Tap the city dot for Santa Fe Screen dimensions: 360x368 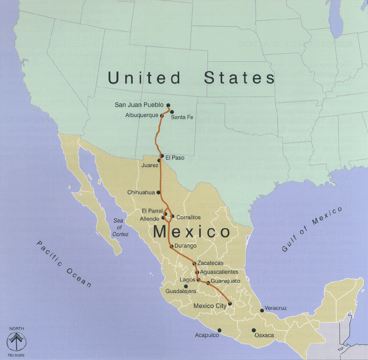click(172, 111)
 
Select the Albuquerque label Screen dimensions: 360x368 click(141, 115)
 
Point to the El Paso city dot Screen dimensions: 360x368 click(162, 156)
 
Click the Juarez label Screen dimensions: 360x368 click(149, 165)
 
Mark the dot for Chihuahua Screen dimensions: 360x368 click(158, 193)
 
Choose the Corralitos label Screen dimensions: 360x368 click(189, 217)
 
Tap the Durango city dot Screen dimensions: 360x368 click(171, 247)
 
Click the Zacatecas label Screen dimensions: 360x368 click(210, 263)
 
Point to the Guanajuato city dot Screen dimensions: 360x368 click(208, 283)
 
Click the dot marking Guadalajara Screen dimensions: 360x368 click(186, 287)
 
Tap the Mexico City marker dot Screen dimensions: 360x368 click(230, 304)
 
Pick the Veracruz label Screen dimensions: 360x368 click(276, 308)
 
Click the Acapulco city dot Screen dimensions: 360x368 click(220, 330)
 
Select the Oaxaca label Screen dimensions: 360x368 click(264, 335)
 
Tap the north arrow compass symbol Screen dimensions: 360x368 click(16, 341)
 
